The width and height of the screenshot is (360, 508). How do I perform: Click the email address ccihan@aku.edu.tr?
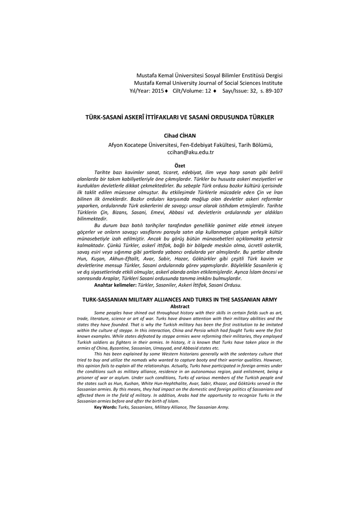(x=190, y=152)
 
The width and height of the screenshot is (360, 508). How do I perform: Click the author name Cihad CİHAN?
(x=180, y=135)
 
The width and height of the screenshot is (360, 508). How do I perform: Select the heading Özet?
(x=180, y=165)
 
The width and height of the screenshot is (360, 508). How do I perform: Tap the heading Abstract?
(x=180, y=306)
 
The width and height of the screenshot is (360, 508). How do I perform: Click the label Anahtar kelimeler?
(x=115, y=285)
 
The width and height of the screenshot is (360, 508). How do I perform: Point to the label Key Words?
(x=105, y=407)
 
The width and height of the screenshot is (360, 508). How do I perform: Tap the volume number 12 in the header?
(x=209, y=91)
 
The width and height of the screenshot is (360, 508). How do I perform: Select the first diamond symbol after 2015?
(x=167, y=91)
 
